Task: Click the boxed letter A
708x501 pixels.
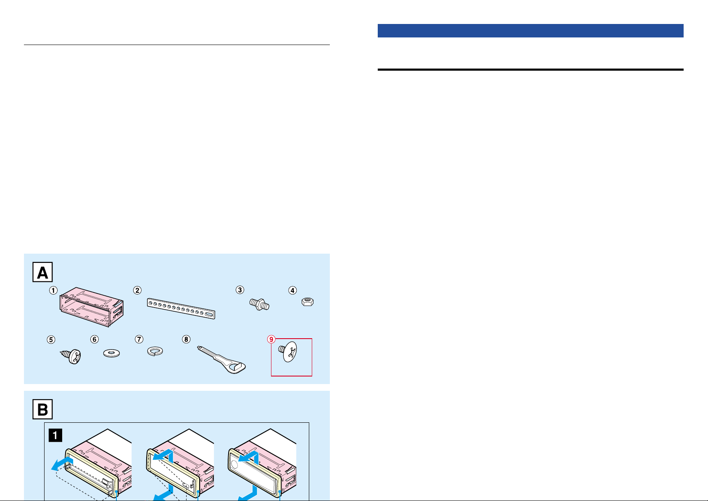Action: [42, 272]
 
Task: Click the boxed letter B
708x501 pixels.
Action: [42, 409]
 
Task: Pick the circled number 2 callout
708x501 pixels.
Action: [137, 290]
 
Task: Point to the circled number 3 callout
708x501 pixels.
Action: [240, 290]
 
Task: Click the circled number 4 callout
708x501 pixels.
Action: [292, 290]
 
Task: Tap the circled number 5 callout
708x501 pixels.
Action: [51, 339]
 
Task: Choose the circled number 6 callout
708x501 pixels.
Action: [95, 339]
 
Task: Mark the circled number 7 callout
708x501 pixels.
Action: [139, 339]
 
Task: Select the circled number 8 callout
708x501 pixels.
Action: [186, 339]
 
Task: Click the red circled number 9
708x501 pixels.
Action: [271, 339]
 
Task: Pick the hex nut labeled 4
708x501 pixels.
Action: [308, 302]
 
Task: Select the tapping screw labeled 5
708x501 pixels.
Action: [71, 356]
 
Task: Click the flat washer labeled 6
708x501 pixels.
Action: [111, 353]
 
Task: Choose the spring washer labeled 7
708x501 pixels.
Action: [155, 351]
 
